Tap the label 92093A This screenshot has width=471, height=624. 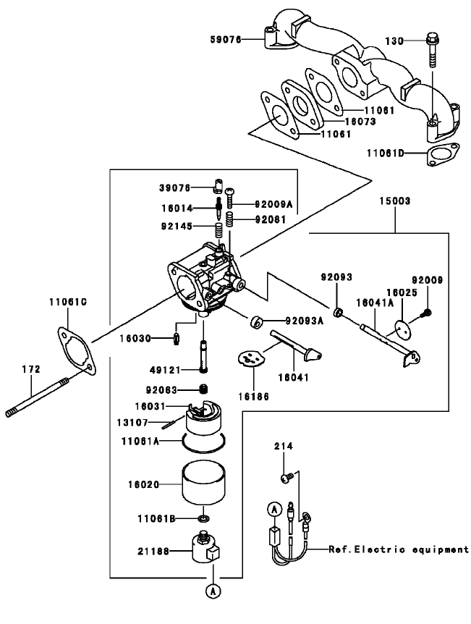point(305,321)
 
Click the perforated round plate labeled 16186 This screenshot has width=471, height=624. point(251,358)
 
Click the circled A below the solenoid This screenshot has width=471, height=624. point(213,591)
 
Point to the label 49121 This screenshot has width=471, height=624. point(176,369)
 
